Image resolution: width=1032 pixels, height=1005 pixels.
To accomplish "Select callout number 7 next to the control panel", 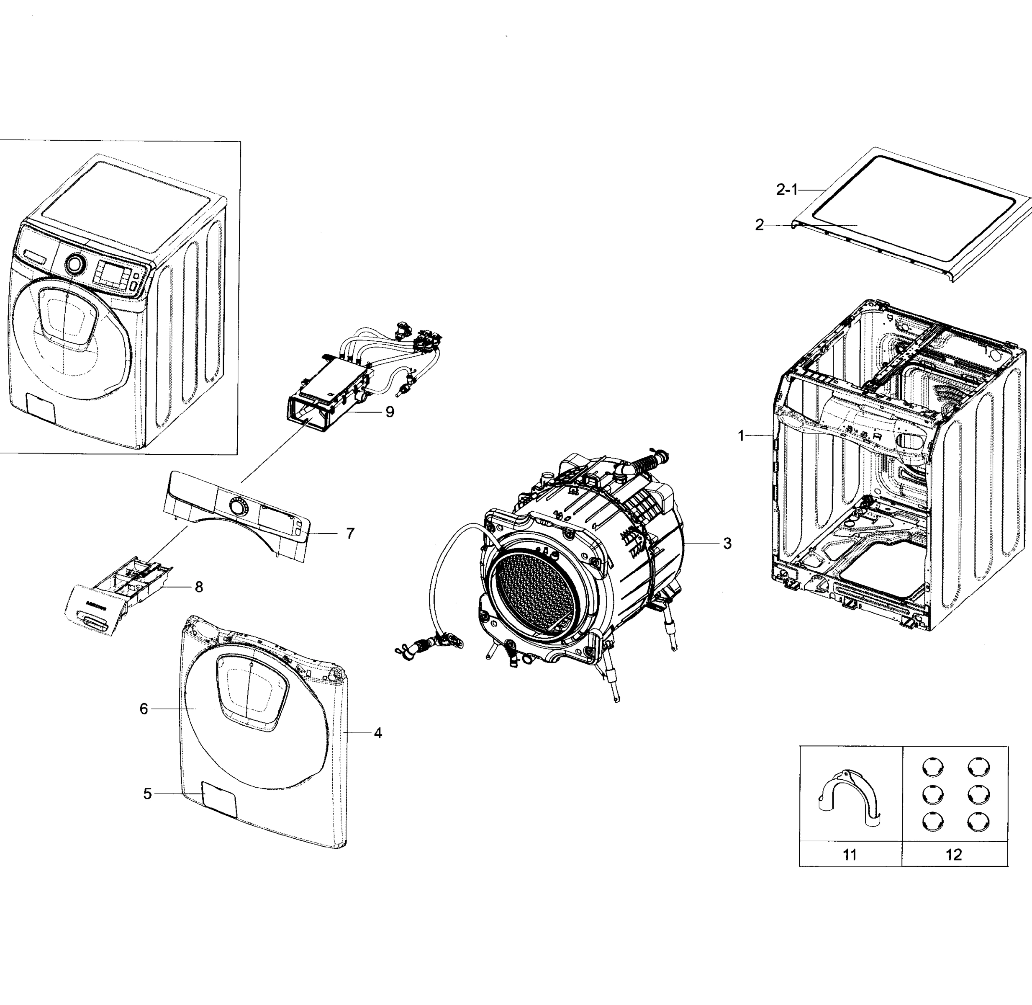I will [x=350, y=533].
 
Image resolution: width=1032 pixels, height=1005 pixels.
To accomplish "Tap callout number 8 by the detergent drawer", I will [x=199, y=587].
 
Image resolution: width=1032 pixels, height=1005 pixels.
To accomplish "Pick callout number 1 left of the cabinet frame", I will [x=741, y=435].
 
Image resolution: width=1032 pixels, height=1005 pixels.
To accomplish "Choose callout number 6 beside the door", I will [x=144, y=709].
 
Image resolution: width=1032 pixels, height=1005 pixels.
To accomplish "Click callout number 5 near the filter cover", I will [x=148, y=794].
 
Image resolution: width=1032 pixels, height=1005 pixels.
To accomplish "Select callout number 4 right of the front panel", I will [x=378, y=733].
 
